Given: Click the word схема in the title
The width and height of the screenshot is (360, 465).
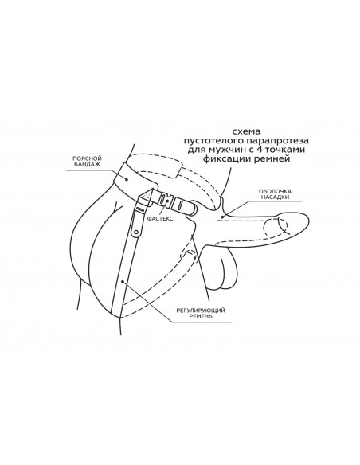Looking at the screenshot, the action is [246, 131].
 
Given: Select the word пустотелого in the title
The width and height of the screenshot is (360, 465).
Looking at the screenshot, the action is [213, 141].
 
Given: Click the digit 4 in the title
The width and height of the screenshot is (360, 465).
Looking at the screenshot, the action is [259, 150].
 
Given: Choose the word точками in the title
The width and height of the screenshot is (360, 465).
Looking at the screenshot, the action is [285, 150].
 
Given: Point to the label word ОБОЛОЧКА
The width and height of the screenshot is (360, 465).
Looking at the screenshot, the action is [276, 191].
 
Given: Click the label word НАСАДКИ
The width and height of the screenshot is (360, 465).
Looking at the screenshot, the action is [276, 197].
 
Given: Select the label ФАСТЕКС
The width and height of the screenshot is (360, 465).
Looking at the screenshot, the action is [160, 218].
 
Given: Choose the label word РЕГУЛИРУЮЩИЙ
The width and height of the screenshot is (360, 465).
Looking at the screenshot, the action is [201, 311].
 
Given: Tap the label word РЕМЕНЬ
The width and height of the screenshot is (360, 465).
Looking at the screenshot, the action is [201, 316].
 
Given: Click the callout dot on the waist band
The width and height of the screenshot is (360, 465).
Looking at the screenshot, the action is [127, 179].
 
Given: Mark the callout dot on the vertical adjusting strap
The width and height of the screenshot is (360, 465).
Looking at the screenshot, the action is [122, 281].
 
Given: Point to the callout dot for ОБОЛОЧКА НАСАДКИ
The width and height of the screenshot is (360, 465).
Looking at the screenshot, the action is [221, 217].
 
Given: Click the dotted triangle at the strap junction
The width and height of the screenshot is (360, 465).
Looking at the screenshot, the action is [147, 195].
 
